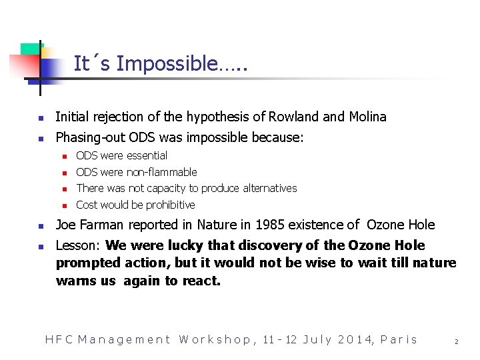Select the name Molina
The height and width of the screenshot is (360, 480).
pos(367,117)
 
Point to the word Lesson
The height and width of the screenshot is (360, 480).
pos(78,245)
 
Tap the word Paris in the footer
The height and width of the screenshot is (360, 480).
pos(399,339)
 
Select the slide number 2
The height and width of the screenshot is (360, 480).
pos(456,341)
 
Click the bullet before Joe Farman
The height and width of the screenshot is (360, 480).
pos(40,225)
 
